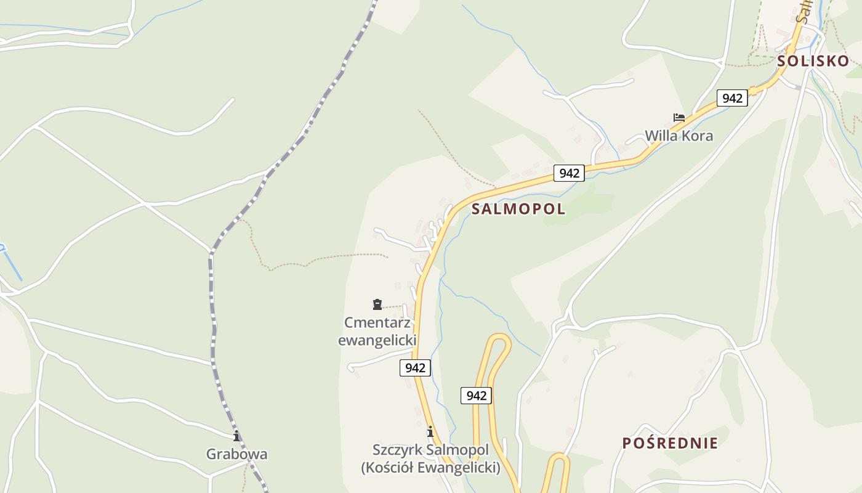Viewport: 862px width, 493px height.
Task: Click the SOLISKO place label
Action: [x=813, y=61]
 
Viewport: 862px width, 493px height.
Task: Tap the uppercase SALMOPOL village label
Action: [x=518, y=209]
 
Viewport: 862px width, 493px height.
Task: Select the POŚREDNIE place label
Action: [x=669, y=443]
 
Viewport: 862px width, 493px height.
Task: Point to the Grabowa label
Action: [x=236, y=455]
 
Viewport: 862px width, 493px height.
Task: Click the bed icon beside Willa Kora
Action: [x=679, y=117]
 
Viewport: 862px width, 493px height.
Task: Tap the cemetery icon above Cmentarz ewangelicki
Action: [x=377, y=304]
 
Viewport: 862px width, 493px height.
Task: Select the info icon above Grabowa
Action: [x=236, y=436]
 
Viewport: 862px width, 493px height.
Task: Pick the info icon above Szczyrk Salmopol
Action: [x=430, y=431]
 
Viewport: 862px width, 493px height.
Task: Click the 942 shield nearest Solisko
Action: [x=732, y=98]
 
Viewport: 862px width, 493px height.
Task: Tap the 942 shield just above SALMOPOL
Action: [x=569, y=173]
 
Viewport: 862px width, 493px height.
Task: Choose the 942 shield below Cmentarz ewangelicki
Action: [x=415, y=368]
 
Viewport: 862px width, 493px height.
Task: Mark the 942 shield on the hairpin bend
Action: [x=477, y=396]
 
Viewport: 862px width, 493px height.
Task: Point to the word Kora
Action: [x=696, y=136]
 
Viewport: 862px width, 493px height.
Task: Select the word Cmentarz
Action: [x=377, y=322]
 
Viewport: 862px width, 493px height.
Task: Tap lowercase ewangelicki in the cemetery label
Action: [x=377, y=340]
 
